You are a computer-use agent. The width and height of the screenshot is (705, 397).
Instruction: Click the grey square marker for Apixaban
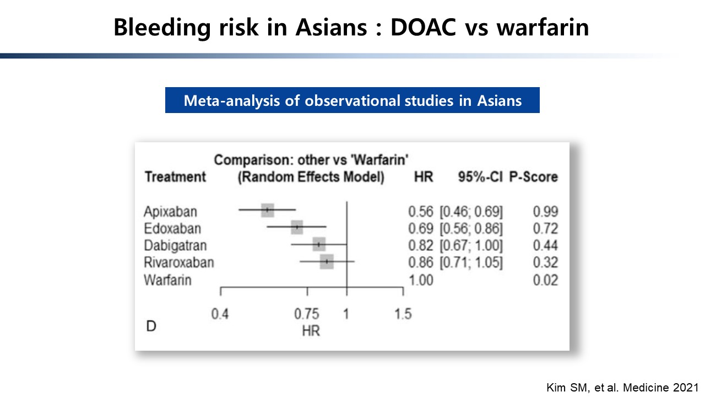click(268, 210)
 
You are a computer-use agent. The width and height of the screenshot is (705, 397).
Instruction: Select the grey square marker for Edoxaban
click(297, 227)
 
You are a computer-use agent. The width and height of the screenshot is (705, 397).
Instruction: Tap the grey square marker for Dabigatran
click(319, 244)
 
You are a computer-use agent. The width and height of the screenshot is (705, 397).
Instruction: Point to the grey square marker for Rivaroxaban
click(327, 261)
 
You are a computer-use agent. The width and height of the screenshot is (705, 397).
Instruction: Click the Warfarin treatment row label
click(167, 280)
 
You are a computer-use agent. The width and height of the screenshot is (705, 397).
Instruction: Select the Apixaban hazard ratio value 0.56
click(421, 211)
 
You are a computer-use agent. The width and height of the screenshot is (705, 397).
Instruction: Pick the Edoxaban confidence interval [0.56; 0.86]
click(471, 228)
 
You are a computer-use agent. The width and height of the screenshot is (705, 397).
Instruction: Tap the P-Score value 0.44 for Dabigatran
click(545, 245)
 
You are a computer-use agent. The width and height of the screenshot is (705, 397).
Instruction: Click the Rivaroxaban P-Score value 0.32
click(545, 262)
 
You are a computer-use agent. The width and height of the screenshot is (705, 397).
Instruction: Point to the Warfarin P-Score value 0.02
click(545, 280)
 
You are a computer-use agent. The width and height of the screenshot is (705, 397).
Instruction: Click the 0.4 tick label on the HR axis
click(220, 314)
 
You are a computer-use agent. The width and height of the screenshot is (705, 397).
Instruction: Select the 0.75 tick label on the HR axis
click(307, 314)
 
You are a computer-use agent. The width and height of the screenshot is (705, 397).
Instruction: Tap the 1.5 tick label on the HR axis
click(403, 314)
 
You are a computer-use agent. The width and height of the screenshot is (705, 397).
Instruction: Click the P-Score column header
click(534, 177)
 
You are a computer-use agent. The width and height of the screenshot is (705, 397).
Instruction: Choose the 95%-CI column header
click(480, 177)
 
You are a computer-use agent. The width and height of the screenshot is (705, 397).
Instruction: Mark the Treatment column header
click(175, 177)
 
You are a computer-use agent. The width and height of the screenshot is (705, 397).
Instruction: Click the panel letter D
click(151, 326)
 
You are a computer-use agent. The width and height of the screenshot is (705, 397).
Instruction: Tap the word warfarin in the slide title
click(543, 28)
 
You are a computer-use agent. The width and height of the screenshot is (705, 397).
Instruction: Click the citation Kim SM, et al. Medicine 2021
click(622, 388)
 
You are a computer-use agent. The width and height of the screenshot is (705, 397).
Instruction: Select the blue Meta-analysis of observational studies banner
click(352, 100)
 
